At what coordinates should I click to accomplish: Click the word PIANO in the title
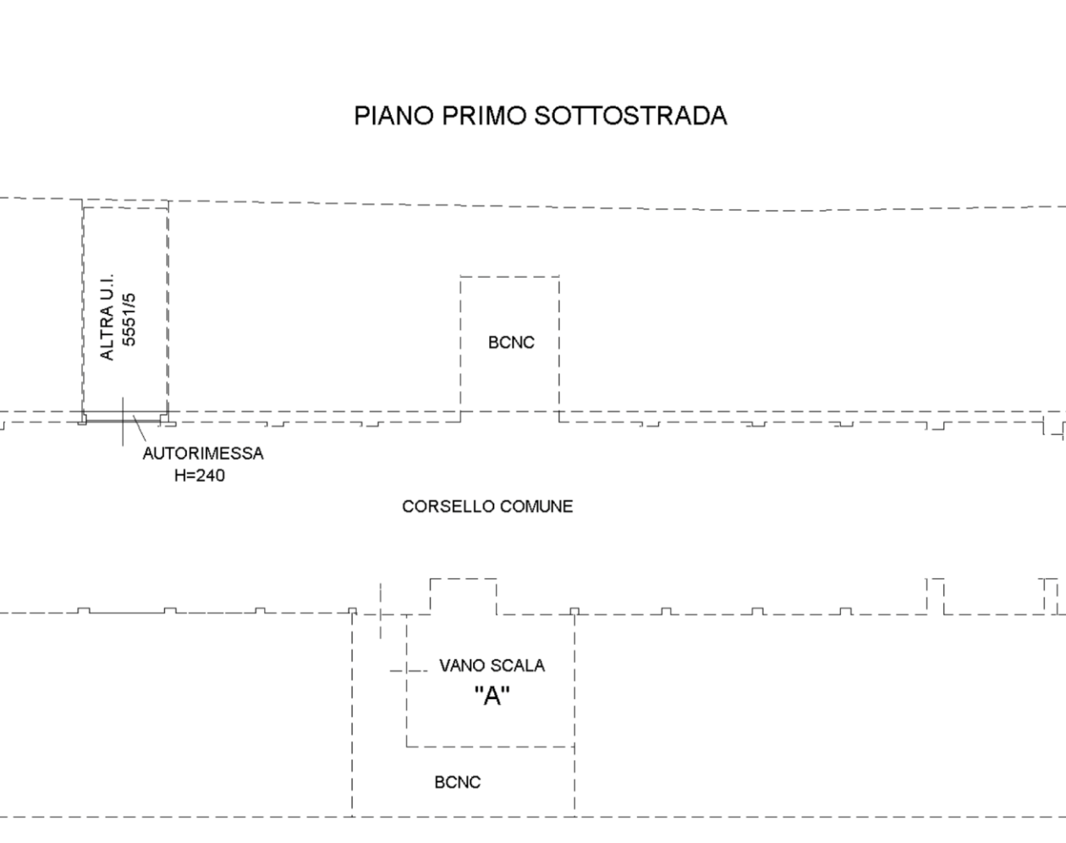393,116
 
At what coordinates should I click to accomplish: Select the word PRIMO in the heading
483,116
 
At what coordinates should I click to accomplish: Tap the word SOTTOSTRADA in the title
630,116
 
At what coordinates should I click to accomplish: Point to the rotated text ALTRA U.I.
107,317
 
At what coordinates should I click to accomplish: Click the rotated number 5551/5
129,320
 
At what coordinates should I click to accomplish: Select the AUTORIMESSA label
203,454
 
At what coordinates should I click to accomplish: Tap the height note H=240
200,476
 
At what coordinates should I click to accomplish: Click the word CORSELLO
448,506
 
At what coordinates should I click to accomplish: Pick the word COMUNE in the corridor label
536,506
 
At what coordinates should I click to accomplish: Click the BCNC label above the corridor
511,343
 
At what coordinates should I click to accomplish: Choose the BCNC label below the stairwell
457,783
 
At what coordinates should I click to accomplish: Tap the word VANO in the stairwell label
461,665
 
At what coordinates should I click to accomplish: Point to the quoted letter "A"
492,696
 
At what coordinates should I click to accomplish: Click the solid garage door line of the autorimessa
124,421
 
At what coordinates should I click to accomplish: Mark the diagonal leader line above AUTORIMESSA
140,428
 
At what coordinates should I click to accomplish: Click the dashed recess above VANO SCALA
463,579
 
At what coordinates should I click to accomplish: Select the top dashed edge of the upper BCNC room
509,277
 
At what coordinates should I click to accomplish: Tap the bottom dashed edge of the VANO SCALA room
491,747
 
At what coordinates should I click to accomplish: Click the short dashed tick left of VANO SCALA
409,671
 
